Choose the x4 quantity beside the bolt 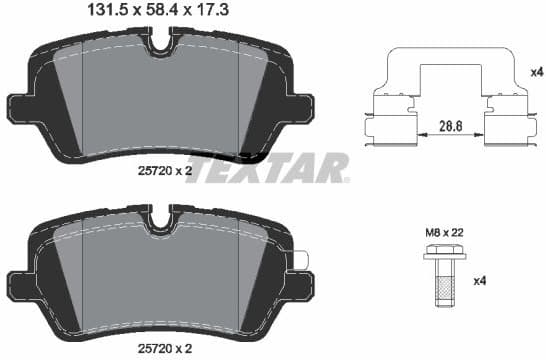[480, 279]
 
